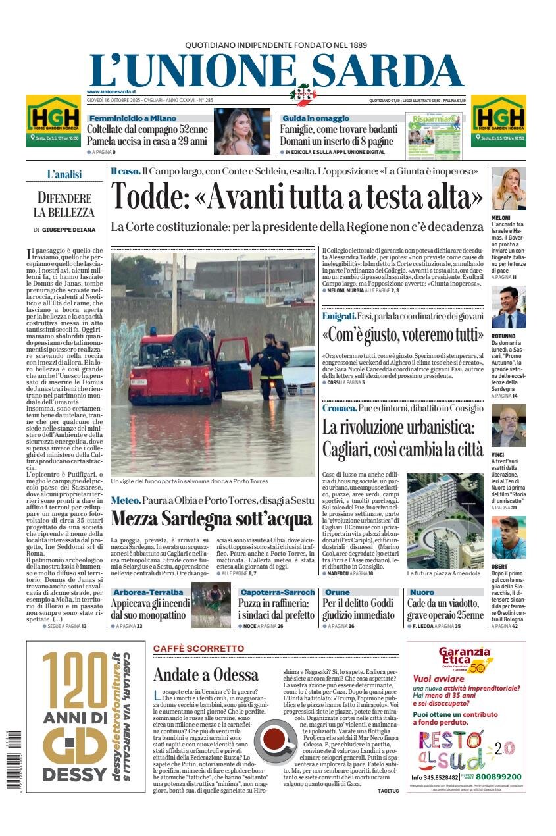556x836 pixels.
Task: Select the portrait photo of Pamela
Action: click(x=241, y=131)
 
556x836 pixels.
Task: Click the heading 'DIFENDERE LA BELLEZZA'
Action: click(x=64, y=205)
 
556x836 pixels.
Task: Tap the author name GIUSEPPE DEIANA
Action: click(x=68, y=230)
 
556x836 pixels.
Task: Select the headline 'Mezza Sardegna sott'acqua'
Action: click(x=211, y=518)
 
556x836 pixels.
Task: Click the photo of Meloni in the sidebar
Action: click(x=508, y=189)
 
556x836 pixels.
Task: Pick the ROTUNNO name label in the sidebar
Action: click(x=504, y=336)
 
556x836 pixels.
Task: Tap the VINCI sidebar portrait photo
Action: click(x=508, y=425)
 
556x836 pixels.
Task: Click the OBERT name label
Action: click(x=500, y=566)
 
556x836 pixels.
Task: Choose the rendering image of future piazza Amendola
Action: click(x=445, y=520)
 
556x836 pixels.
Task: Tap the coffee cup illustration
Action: click(x=275, y=739)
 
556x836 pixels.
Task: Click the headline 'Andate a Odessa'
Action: click(x=205, y=675)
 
